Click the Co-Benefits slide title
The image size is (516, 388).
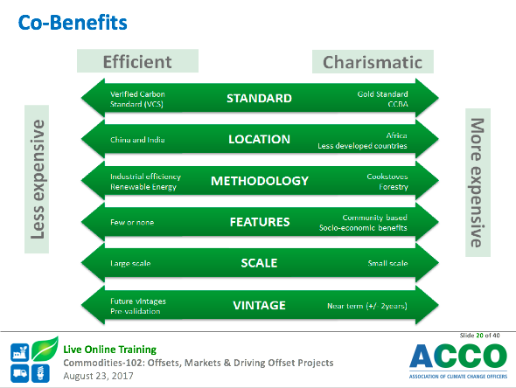coord(73,23)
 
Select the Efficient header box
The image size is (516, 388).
coord(137,61)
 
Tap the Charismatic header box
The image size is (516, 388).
coord(373,61)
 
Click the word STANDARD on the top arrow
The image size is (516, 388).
coord(260,99)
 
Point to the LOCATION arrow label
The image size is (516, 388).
coord(260,140)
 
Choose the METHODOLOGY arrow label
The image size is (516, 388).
coord(260,181)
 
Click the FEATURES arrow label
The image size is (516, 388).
coord(260,222)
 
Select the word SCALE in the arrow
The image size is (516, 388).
coord(260,263)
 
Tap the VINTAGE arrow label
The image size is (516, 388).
coord(260,306)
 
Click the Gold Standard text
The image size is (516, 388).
coord(382,94)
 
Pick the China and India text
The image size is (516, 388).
coord(137,140)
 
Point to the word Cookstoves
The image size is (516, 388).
coord(387,177)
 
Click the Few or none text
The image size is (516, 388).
coord(132,222)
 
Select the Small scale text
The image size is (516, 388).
coord(387,263)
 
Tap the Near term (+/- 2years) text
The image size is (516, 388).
coord(367,306)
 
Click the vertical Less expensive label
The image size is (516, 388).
coord(37,179)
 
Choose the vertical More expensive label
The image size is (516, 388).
coord(478,183)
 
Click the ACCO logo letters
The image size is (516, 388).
coord(458,357)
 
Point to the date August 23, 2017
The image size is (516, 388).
coord(98,376)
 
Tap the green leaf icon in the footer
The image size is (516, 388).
coord(45,348)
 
